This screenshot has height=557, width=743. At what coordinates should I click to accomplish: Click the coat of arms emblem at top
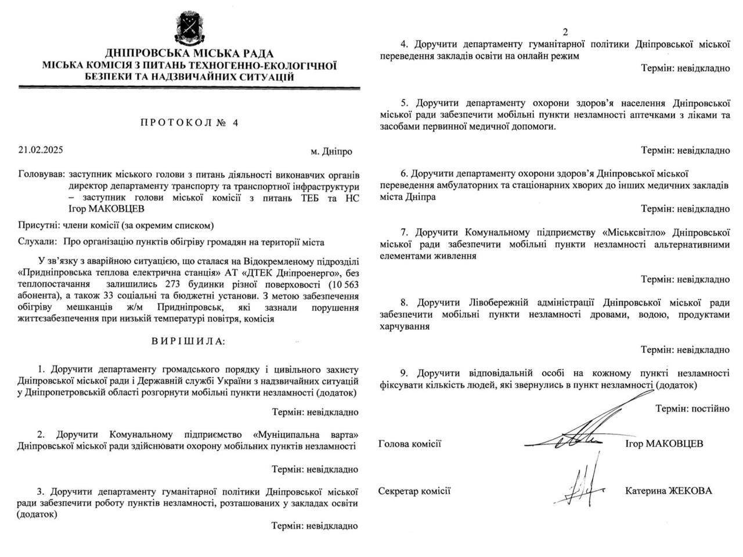coord(189,27)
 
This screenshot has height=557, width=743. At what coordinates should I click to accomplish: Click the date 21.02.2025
coord(41,150)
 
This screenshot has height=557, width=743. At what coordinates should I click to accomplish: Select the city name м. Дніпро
coord(331,151)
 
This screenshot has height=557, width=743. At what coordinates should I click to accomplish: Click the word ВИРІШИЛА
coord(189,341)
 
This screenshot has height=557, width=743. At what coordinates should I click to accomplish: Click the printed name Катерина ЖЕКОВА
coord(669,491)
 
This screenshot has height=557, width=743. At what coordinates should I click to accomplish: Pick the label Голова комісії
coord(410,444)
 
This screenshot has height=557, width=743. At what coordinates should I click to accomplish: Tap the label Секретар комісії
coord(414,491)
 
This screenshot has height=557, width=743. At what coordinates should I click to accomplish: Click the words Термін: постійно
coord(692,408)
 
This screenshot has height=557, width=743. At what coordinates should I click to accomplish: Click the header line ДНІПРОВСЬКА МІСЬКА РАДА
coord(189,54)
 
